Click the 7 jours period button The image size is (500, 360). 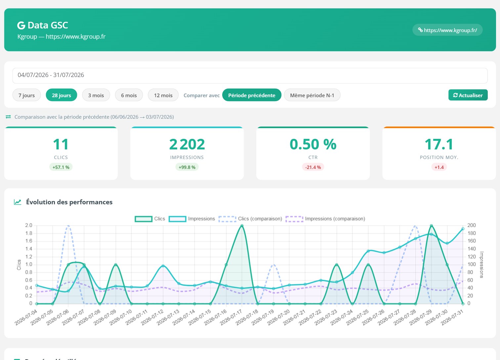[x=26, y=95]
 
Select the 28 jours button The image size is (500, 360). [x=62, y=95]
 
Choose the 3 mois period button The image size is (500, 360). [x=96, y=95]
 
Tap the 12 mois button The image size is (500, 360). [x=163, y=95]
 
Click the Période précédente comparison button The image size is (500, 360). [x=252, y=95]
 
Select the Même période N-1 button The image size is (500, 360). [x=312, y=95]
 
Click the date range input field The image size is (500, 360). [x=250, y=75]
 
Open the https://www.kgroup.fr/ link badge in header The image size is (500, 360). [x=447, y=30]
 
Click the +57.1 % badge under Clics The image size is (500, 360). [x=61, y=167]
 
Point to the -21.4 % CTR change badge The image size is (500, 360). [x=313, y=167]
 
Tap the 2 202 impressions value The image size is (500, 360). [x=187, y=144]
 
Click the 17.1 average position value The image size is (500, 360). [x=439, y=144]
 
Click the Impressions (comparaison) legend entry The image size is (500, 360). [x=325, y=219]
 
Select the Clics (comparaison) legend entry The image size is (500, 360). [x=250, y=219]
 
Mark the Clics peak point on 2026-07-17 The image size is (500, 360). [x=242, y=226]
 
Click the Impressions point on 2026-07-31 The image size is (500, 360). [x=463, y=229]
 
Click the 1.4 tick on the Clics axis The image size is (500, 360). [x=28, y=249]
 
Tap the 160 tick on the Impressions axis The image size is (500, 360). [x=472, y=241]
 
